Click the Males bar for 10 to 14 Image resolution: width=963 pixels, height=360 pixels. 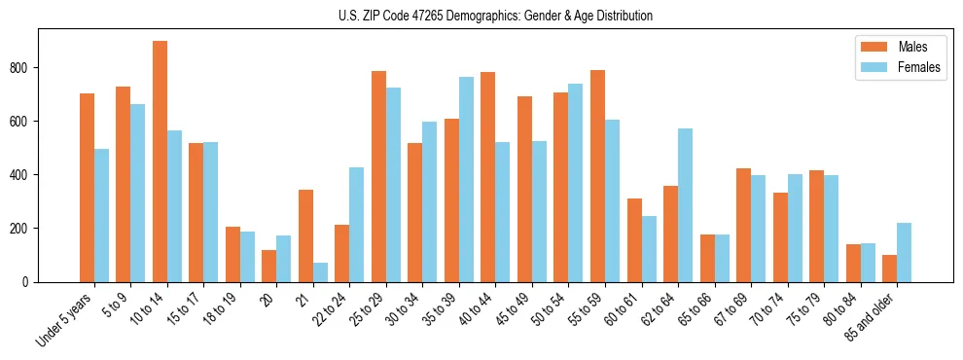[x=160, y=162]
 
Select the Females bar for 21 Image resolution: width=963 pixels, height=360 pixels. [x=320, y=272]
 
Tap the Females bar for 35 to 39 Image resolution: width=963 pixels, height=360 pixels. [x=466, y=179]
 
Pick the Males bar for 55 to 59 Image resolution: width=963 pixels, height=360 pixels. [x=597, y=176]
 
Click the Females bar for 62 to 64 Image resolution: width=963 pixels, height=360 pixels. [x=685, y=205]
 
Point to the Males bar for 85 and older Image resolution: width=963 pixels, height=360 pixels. [x=889, y=269]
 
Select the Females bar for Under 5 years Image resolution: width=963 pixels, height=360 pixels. [x=101, y=215]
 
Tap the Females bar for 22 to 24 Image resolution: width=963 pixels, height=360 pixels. [x=357, y=225]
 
